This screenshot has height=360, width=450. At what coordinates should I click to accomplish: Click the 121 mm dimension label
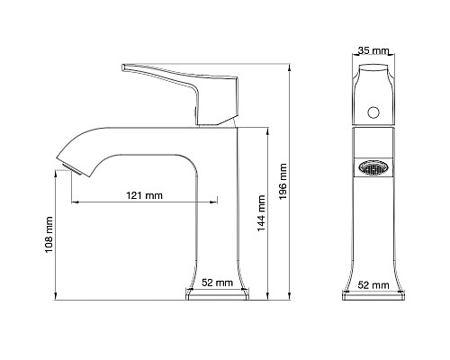(x=144, y=195)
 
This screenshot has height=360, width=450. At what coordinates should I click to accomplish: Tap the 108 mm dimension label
(x=49, y=235)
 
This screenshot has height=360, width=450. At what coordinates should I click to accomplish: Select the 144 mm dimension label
(x=261, y=213)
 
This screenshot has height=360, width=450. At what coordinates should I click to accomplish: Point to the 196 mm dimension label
(x=283, y=182)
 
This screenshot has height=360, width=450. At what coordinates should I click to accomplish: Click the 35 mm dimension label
(x=373, y=50)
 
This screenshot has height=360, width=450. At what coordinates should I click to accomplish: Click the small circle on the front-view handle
(x=373, y=112)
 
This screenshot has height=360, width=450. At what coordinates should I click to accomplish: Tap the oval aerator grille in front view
(x=373, y=167)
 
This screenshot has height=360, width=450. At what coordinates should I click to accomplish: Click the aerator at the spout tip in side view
(x=71, y=169)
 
